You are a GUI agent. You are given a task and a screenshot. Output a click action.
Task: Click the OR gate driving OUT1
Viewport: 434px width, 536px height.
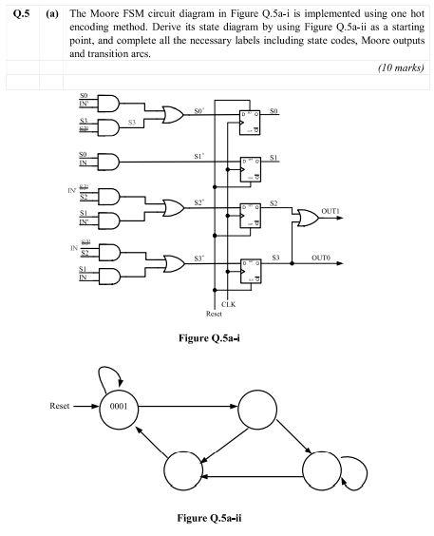coord(306,218)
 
